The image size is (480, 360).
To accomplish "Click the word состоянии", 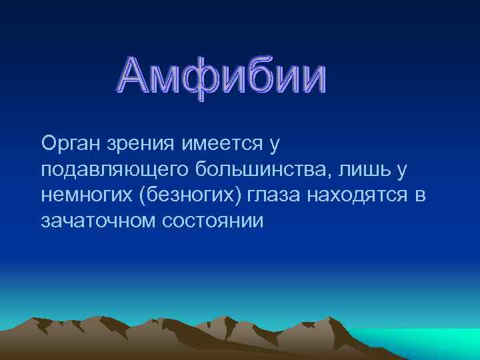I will (213, 221).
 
